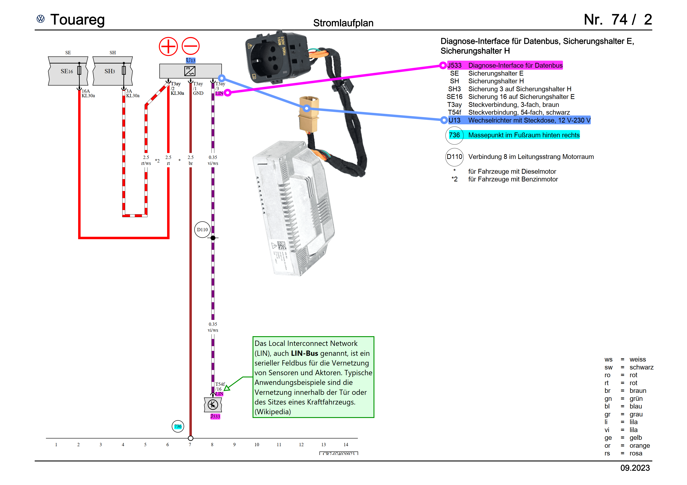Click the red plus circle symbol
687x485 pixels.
168,46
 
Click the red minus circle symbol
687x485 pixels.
191,46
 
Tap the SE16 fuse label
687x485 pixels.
67,71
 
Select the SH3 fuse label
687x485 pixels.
109,71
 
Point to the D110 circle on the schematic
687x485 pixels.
202,229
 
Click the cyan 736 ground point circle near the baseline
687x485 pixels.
178,426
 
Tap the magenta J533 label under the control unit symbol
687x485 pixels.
215,416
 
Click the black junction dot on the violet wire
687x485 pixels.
213,238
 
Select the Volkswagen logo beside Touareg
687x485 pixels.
41,19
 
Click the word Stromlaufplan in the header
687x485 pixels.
343,23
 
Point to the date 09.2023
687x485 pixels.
635,468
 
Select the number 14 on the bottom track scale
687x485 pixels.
346,445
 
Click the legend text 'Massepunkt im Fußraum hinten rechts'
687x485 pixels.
524,135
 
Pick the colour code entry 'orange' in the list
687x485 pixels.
639,446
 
